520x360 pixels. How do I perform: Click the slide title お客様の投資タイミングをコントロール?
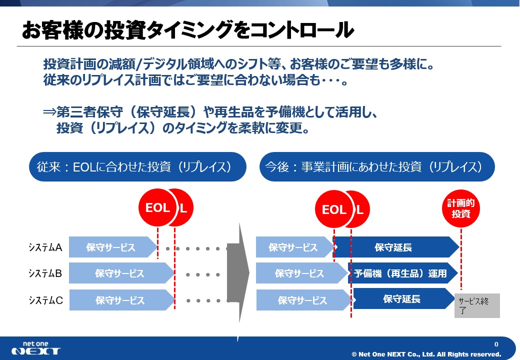coord(187,30)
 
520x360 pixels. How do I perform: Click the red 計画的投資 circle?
coord(461,208)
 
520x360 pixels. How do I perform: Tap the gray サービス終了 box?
coord(477,305)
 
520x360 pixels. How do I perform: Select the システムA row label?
coord(45,247)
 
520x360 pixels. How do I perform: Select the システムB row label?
coord(45,273)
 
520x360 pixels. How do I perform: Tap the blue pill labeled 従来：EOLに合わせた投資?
coord(137,166)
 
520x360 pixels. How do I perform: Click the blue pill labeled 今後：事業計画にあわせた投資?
coord(377,166)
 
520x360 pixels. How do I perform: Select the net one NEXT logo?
coord(36,348)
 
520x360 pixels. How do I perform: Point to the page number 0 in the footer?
coord(496,344)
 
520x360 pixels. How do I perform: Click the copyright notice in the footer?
coord(426,354)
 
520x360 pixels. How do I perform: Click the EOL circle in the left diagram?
coord(157,207)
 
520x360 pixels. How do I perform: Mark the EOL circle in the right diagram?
coord(333,209)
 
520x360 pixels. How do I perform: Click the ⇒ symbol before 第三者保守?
coord(49,112)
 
